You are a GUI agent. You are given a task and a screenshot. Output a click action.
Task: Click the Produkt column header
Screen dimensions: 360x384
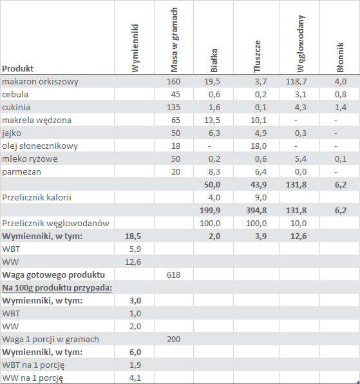(x=17, y=68)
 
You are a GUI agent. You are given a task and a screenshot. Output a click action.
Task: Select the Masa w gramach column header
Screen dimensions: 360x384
(x=174, y=40)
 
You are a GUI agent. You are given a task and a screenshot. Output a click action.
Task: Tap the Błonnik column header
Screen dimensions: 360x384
(x=340, y=57)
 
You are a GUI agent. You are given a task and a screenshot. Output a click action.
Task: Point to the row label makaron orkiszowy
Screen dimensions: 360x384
(x=40, y=82)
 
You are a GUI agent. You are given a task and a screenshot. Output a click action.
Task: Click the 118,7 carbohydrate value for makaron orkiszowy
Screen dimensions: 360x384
(x=296, y=82)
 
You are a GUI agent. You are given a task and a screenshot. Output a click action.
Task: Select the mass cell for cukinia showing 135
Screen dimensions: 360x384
(x=173, y=107)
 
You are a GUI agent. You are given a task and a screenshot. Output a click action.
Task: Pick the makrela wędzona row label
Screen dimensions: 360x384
(x=37, y=120)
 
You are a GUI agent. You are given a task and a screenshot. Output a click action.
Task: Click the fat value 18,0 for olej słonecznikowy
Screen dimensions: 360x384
(x=258, y=146)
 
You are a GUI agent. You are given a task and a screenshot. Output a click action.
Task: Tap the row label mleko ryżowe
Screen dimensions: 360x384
(x=30, y=159)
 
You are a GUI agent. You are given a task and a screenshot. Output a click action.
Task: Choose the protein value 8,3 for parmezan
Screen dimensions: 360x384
(x=214, y=171)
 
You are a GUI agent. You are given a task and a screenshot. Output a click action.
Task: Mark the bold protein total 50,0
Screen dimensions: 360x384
(x=212, y=185)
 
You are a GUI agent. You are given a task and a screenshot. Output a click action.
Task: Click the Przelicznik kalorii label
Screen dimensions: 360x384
(x=37, y=197)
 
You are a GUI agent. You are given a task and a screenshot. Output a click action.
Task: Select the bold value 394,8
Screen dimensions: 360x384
(x=256, y=211)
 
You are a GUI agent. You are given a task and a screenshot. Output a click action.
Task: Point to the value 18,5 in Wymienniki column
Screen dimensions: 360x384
(x=133, y=236)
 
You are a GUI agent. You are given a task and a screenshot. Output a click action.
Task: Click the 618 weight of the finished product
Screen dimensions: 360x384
(x=173, y=274)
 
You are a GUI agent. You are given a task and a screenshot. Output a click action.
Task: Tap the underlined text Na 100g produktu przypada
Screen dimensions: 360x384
(x=57, y=288)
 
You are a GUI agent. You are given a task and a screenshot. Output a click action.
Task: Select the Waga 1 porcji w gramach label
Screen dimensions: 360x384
(x=50, y=340)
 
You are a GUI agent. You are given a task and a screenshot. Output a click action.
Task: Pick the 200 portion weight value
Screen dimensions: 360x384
(x=173, y=339)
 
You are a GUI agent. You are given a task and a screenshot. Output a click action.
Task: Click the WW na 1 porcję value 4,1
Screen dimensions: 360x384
(x=135, y=378)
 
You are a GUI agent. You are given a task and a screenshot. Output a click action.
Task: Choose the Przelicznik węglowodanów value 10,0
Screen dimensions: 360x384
(x=298, y=224)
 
